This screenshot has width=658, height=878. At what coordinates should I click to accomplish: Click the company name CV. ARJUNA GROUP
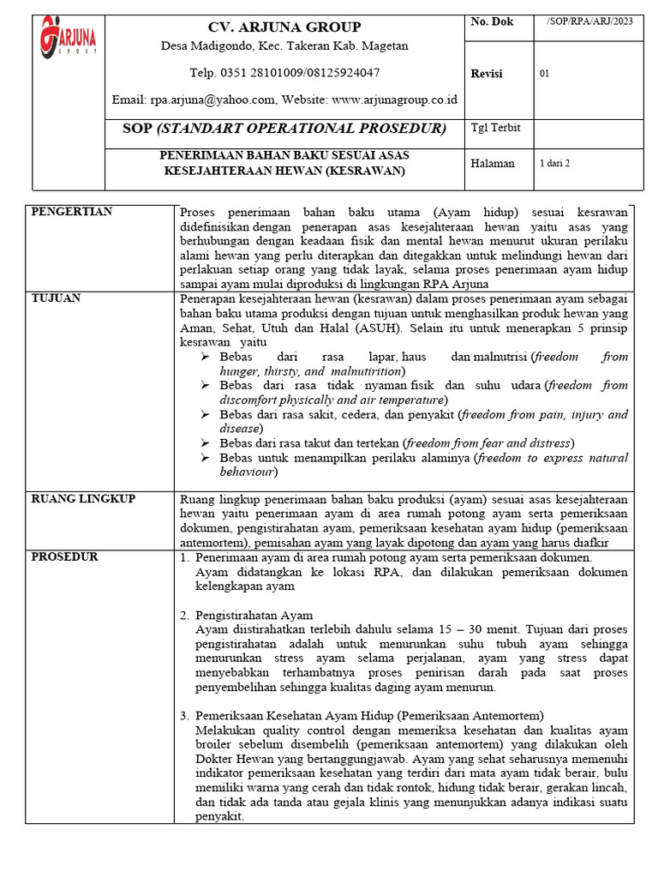coord(285,27)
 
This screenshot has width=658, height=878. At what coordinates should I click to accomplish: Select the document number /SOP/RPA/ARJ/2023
coord(589,22)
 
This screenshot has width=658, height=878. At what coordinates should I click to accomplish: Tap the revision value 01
coord(545,74)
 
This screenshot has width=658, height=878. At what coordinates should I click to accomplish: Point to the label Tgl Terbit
coord(495,128)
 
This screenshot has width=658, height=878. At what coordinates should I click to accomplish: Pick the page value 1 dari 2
coord(554,163)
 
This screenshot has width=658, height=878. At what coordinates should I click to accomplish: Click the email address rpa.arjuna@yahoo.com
coord(212,100)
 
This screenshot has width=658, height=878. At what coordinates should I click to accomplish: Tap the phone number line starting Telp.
coord(284,73)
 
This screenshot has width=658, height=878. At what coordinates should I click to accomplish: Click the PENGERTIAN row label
coord(72,212)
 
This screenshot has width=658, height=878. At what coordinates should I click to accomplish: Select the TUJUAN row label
coord(56,298)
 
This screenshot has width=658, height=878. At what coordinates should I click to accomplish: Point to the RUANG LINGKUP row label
coord(83,499)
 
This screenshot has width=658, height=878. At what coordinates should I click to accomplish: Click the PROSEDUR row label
coord(64,556)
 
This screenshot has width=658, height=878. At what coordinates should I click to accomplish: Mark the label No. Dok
coord(492,22)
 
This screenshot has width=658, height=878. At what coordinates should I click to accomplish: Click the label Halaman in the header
coord(493,163)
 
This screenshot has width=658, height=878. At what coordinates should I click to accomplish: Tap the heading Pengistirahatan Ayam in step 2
coord(254,616)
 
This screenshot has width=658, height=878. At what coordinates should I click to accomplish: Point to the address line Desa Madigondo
coord(284,46)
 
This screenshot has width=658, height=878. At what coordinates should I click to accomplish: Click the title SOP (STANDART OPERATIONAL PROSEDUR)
coord(285,129)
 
